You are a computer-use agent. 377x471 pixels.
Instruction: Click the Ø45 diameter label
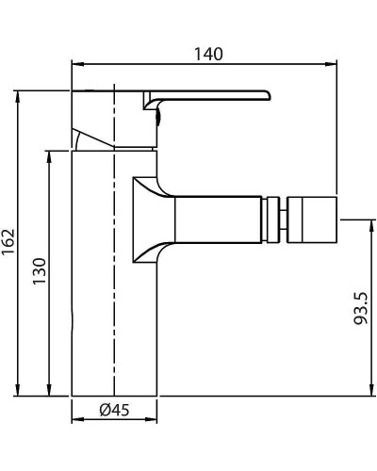pyautogui.click(x=114, y=410)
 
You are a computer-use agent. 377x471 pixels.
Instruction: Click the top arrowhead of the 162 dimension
pyautogui.click(x=18, y=95)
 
